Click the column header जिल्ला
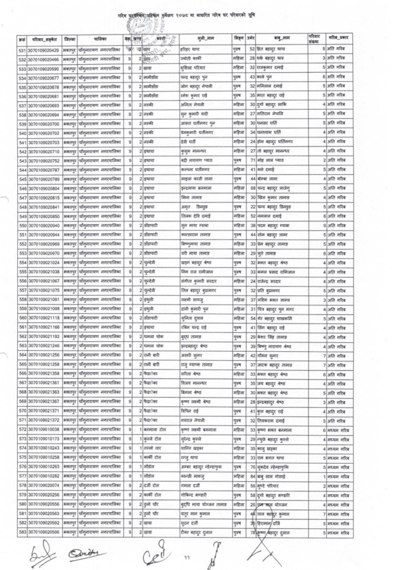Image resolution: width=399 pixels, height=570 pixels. click(69, 40)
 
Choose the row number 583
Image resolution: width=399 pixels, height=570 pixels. click(23, 533)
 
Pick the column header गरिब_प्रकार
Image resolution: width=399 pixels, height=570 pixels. click(339, 40)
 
